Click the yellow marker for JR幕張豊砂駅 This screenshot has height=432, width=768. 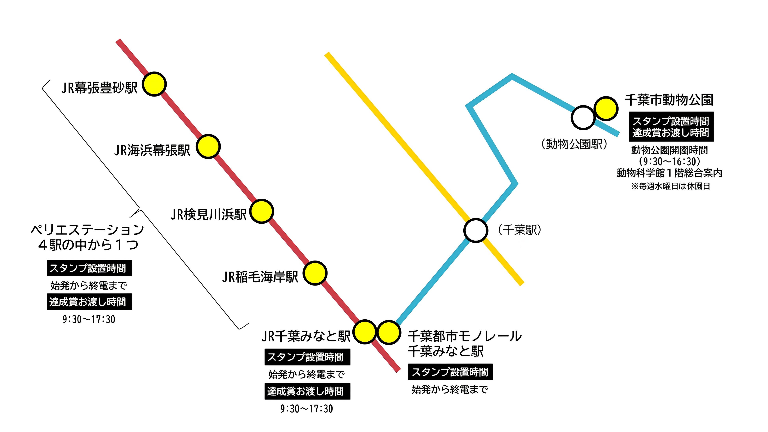click(154, 84)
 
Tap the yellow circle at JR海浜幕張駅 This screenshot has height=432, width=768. click(208, 146)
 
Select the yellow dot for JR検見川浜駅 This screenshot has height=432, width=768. click(262, 211)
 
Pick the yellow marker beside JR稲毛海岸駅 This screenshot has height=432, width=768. click(315, 273)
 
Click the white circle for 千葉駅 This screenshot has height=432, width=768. click(476, 230)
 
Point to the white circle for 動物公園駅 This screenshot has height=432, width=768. click(583, 118)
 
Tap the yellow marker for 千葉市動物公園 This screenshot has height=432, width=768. click(606, 108)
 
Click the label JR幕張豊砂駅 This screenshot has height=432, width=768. click(99, 88)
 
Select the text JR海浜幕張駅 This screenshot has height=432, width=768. click(152, 150)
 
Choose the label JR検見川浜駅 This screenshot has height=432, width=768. click(208, 214)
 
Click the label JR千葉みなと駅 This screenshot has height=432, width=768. click(306, 336)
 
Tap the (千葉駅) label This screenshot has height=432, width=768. click(519, 230)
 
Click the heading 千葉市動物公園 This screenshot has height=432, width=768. click(669, 100)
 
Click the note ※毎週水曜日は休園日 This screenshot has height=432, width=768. click(670, 186)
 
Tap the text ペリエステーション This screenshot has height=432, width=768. click(87, 230)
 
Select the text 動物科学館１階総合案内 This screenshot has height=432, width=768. click(669, 173)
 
